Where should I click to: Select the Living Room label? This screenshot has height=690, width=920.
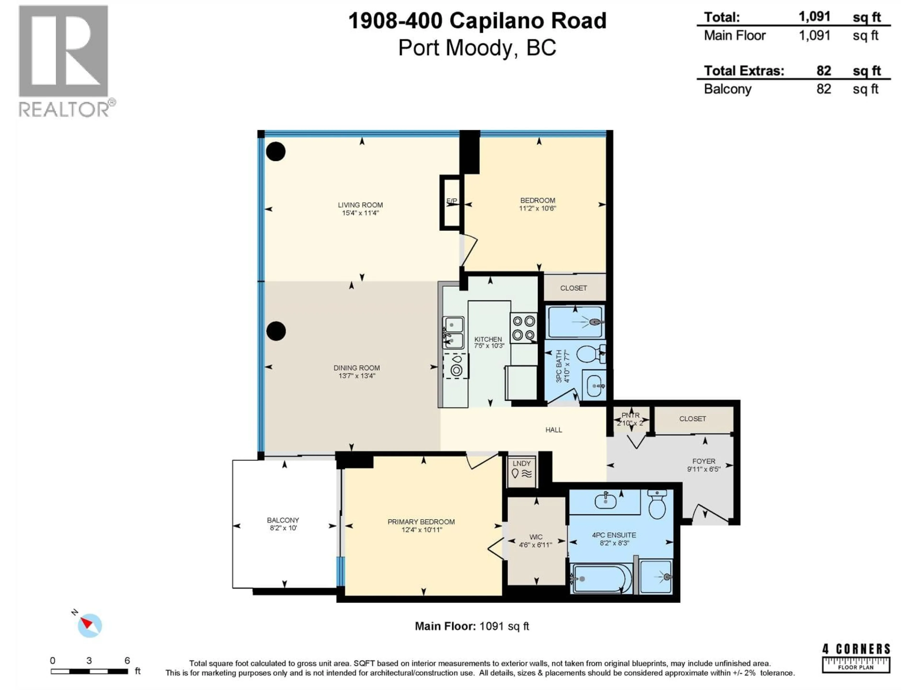360,205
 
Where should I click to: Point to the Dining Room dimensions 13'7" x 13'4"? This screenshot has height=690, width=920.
356,376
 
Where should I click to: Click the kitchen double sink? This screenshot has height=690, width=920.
453,333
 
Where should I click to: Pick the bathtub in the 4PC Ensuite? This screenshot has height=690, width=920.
601,578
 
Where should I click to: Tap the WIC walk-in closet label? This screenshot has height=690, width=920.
536,537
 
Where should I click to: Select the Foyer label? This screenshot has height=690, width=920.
704,461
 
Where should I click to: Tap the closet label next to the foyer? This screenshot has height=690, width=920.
692,419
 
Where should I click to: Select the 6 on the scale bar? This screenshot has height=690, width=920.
127,661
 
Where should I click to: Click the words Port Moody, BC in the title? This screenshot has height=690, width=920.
477,48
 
